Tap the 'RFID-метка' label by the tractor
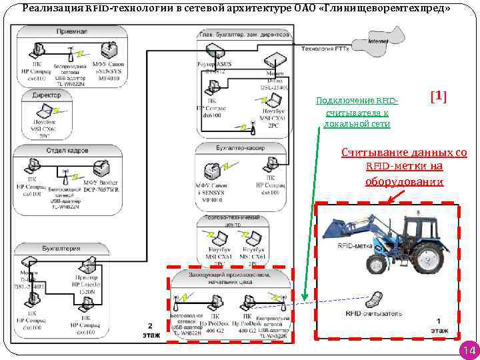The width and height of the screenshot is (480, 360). tap(355, 246)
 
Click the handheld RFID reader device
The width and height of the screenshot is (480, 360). tap(377, 297)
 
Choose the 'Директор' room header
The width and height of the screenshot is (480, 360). tap(47, 95)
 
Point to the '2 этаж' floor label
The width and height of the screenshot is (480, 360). tap(151, 330)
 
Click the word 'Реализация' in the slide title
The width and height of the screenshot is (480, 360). tap(53, 8)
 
